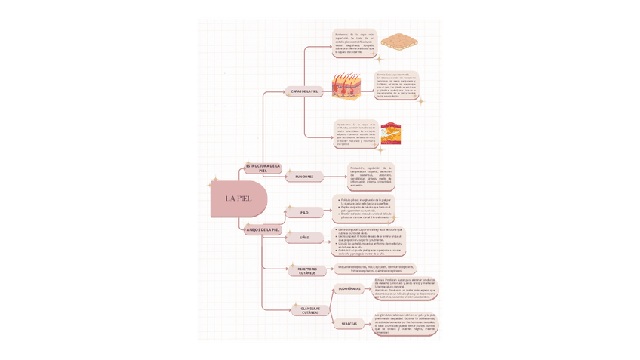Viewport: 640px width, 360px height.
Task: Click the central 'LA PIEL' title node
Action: pyautogui.click(x=238, y=198)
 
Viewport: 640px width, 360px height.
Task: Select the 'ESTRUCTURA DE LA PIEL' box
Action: pyautogui.click(x=263, y=168)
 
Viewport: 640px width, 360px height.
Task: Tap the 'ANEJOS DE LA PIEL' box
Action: pyautogui.click(x=263, y=229)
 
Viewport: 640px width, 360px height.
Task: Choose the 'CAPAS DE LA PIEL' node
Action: pyautogui.click(x=304, y=91)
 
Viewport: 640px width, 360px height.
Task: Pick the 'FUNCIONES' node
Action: pyautogui.click(x=304, y=177)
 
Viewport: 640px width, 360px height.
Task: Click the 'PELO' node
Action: pyautogui.click(x=304, y=213)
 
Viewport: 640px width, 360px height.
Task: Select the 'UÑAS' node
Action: pyautogui.click(x=304, y=238)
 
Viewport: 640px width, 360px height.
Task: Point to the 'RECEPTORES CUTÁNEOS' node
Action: pyautogui.click(x=307, y=270)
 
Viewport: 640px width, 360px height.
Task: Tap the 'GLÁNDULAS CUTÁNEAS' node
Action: pyautogui.click(x=310, y=310)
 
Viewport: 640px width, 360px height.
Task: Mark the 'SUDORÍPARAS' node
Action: pyautogui.click(x=349, y=288)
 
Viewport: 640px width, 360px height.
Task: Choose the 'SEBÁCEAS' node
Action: pyautogui.click(x=349, y=324)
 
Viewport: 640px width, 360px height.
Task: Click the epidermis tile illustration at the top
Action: pyautogui.click(x=398, y=42)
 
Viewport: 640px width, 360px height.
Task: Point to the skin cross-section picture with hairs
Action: pyautogui.click(x=346, y=86)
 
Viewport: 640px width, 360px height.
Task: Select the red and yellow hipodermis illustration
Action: pyautogui.click(x=390, y=133)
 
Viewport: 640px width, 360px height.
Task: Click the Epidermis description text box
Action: pyautogui.click(x=354, y=42)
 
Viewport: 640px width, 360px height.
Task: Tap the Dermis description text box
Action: pyautogui.click(x=396, y=85)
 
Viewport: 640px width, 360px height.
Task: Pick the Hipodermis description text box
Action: pyautogui.click(x=355, y=134)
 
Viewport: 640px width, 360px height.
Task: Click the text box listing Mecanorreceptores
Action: pyautogui.click(x=375, y=268)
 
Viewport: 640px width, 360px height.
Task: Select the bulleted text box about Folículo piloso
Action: pyautogui.click(x=364, y=208)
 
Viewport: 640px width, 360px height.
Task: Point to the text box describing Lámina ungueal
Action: pyautogui.click(x=369, y=242)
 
